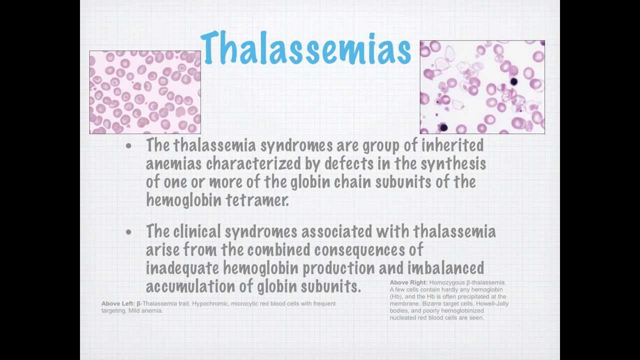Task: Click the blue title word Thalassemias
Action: (x=305, y=48)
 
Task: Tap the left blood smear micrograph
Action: (x=145, y=92)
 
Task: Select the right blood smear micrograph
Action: (x=482, y=87)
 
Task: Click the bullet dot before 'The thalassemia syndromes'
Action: (x=129, y=146)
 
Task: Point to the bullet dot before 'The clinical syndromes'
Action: (x=129, y=232)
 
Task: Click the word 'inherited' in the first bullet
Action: (x=452, y=145)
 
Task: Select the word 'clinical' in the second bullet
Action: (x=197, y=231)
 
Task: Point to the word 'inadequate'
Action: (x=182, y=268)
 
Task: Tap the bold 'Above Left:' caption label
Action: (x=118, y=303)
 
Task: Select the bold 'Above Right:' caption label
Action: (x=408, y=282)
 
